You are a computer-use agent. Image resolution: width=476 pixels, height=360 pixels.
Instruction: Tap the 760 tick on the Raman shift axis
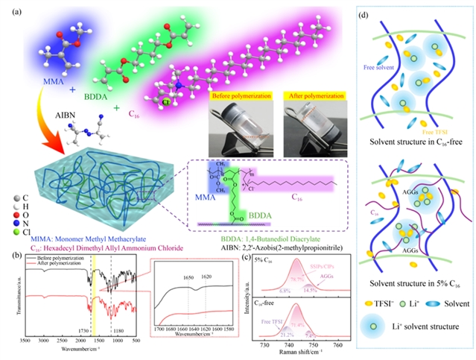pos(337,345)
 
